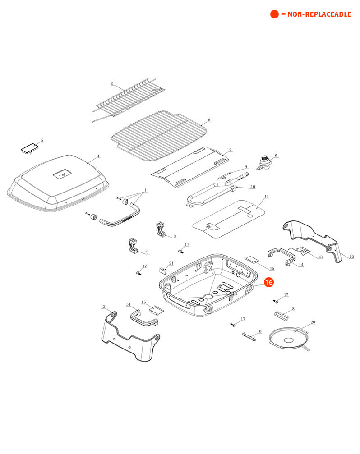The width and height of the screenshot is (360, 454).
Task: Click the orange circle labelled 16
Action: click(269, 283)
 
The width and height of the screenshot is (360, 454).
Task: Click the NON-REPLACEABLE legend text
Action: click(316, 14)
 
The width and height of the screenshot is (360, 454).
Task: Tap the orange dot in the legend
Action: click(274, 14)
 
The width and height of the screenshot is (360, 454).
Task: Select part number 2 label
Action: click(111, 83)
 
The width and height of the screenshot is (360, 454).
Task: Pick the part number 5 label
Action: click(42, 140)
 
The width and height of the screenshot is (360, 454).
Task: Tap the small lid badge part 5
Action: click(30, 148)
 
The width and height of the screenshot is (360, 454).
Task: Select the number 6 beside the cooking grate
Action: click(209, 120)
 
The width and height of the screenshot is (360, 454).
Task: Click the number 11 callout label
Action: click(266, 197)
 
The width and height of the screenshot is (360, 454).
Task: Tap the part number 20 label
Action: click(313, 322)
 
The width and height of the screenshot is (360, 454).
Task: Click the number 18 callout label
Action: click(292, 309)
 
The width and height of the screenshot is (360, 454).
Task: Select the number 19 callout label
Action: click(259, 332)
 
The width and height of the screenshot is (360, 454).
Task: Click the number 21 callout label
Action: click(171, 263)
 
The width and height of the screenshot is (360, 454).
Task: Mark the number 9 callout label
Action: click(246, 166)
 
